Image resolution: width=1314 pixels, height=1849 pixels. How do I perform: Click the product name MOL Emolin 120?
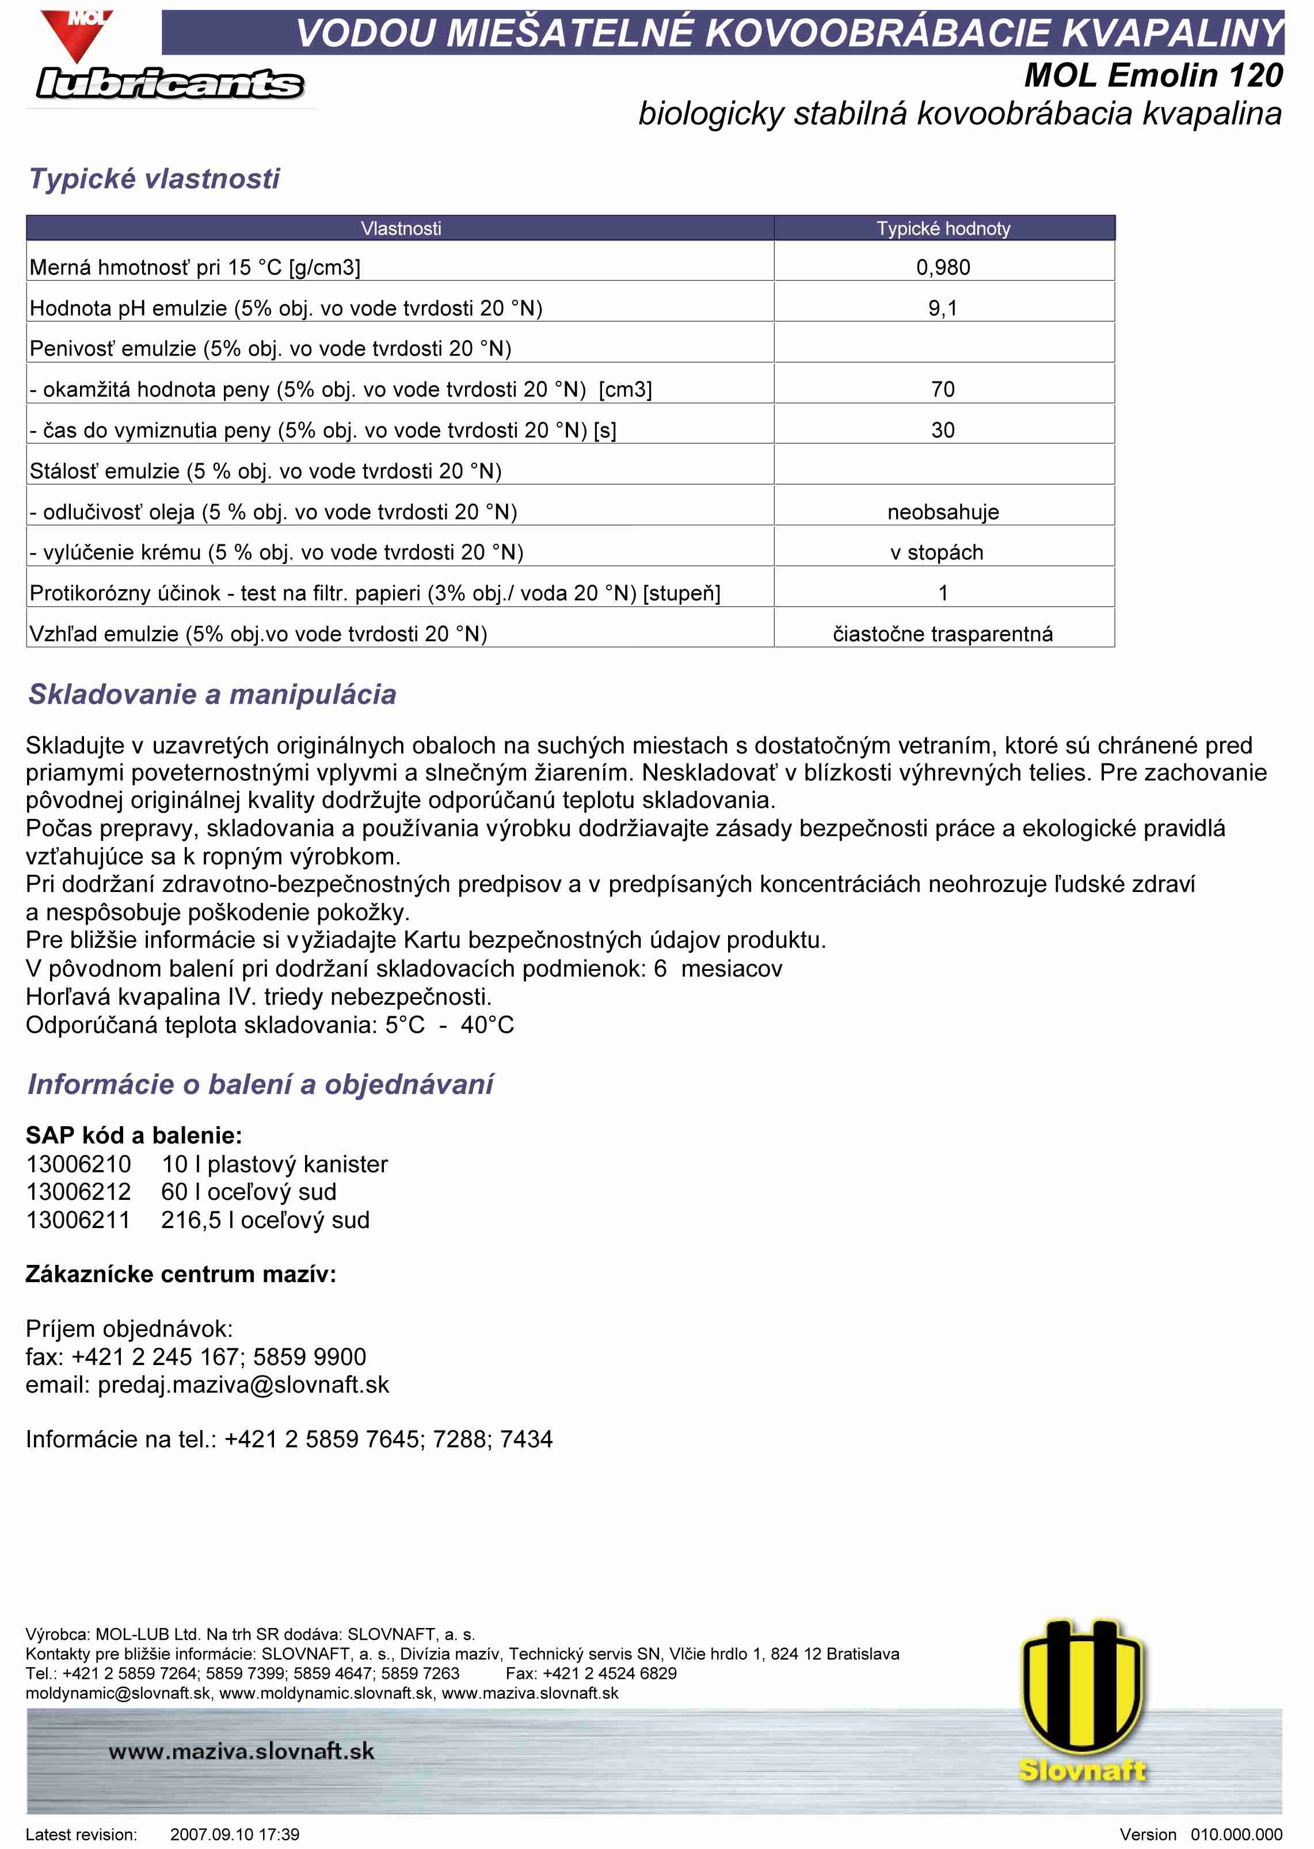(1153, 75)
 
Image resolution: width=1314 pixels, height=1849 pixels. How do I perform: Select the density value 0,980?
(943, 267)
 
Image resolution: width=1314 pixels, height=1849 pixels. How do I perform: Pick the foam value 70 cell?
(943, 389)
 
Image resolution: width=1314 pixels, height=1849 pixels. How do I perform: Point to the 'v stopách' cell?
(937, 552)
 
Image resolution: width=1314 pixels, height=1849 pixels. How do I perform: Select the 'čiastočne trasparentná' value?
(943, 634)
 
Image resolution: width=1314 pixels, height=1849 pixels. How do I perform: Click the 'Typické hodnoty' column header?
(943, 228)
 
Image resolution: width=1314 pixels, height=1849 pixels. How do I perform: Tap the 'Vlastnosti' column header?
(401, 228)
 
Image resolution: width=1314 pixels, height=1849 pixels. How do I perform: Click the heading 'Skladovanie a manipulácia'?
(212, 694)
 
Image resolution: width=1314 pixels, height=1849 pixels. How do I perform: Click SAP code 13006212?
(78, 1191)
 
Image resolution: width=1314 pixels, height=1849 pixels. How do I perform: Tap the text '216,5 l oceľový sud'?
(265, 1220)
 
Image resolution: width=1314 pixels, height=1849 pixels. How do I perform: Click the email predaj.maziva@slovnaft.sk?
(243, 1384)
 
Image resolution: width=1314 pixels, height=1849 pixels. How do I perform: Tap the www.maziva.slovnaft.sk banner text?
(241, 1751)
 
